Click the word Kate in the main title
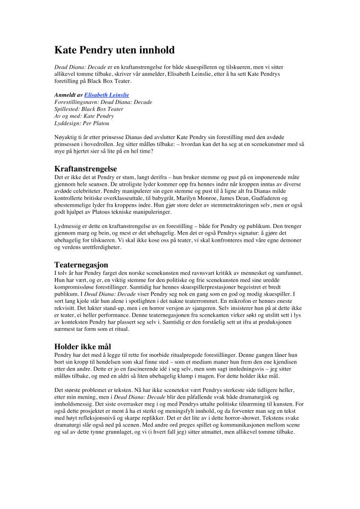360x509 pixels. pyautogui.click(x=66, y=50)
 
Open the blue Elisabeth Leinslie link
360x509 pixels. pyautogui.click(x=106, y=95)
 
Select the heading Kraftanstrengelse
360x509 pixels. pyautogui.click(x=86, y=168)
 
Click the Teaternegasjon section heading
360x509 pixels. pyautogui.click(x=81, y=265)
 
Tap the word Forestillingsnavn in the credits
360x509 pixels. pyautogui.click(x=76, y=102)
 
